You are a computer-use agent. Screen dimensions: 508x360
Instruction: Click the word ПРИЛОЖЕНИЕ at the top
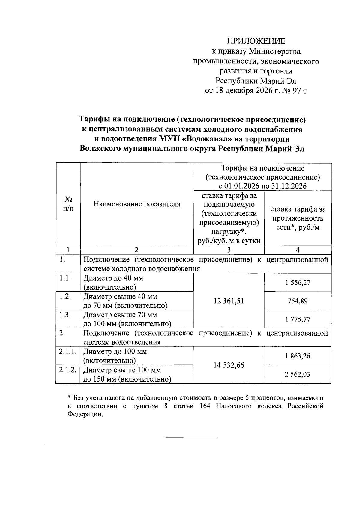tap(256, 41)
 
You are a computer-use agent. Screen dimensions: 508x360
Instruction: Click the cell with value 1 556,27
tap(298, 283)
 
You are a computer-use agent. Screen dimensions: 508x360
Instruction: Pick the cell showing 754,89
tap(298, 301)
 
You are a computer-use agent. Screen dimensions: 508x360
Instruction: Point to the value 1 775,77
tap(298, 319)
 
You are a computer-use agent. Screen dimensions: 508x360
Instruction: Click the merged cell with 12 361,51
tap(229, 301)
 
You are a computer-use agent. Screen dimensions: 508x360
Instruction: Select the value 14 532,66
tap(229, 365)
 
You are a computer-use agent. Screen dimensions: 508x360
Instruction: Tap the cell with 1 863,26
tap(298, 356)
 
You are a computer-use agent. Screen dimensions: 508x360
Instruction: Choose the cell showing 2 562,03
tap(298, 374)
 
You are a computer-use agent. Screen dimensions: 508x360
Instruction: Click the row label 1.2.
tap(65, 297)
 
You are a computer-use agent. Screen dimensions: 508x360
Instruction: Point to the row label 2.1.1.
tap(67, 352)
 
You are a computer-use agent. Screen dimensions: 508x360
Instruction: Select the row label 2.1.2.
tap(67, 370)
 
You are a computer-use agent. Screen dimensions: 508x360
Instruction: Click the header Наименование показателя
tap(137, 204)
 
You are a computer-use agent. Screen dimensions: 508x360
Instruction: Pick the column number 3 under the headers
tap(229, 250)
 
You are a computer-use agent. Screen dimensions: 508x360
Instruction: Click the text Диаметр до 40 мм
tap(113, 278)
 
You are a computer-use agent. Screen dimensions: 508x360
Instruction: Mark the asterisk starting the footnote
tap(69, 398)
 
